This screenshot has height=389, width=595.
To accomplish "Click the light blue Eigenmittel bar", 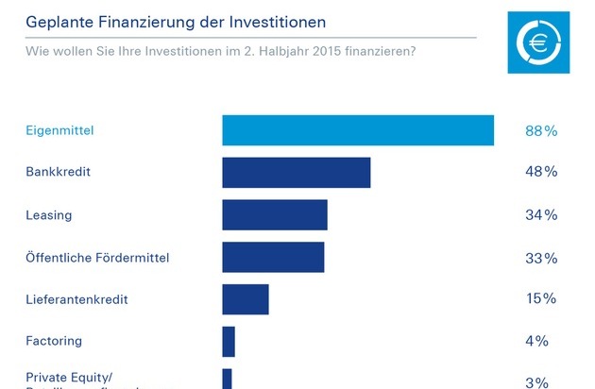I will point(358,130).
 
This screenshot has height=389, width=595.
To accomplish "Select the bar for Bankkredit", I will point(296,173).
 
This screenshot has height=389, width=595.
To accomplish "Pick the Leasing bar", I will point(274,215).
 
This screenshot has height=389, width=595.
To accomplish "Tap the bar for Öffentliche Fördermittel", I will point(273,258).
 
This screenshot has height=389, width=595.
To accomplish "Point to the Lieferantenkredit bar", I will point(246,299).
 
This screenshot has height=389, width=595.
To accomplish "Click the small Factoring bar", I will point(229,341).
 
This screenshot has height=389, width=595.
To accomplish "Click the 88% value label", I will point(541,130).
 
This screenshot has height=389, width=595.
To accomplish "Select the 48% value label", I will point(541,173).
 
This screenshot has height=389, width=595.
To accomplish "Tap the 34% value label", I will point(541,215).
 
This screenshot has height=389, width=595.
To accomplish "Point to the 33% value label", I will point(541,258).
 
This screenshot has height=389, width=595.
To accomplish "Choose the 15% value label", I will point(541,299).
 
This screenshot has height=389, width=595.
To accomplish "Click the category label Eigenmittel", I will point(60,131).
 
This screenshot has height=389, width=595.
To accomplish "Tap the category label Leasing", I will point(49,215).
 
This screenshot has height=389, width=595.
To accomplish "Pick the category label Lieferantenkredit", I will point(76,300).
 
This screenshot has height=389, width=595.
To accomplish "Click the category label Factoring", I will point(54,341).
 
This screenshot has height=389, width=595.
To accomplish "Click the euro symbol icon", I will point(540,42).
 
